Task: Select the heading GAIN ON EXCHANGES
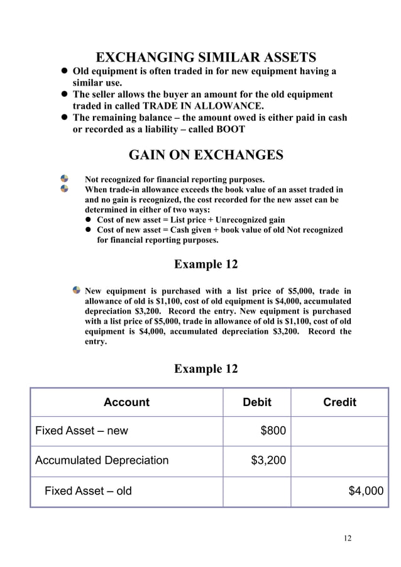click(x=206, y=155)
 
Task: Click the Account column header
click(x=126, y=402)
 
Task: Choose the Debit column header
click(x=257, y=402)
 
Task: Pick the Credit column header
click(x=339, y=402)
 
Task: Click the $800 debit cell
click(x=273, y=431)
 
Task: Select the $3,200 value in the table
click(x=268, y=461)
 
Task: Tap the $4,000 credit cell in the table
click(x=365, y=491)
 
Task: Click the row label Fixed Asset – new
click(x=81, y=431)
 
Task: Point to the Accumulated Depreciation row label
click(x=102, y=461)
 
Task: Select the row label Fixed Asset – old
click(x=88, y=491)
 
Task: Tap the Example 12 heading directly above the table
click(x=206, y=369)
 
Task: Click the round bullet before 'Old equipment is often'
click(x=63, y=71)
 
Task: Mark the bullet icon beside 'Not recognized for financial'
click(x=64, y=179)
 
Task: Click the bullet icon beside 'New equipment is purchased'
click(x=77, y=290)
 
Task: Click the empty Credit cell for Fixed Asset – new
click(x=339, y=431)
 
